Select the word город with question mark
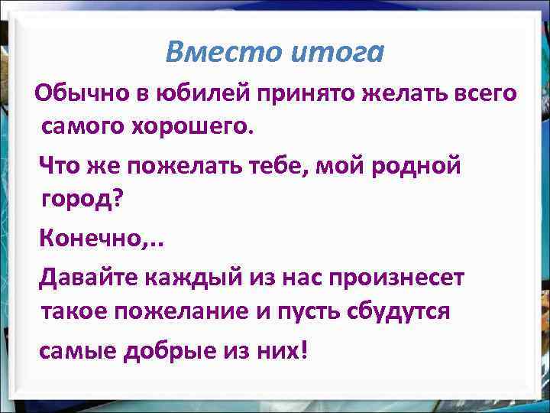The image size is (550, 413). click(82, 200)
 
